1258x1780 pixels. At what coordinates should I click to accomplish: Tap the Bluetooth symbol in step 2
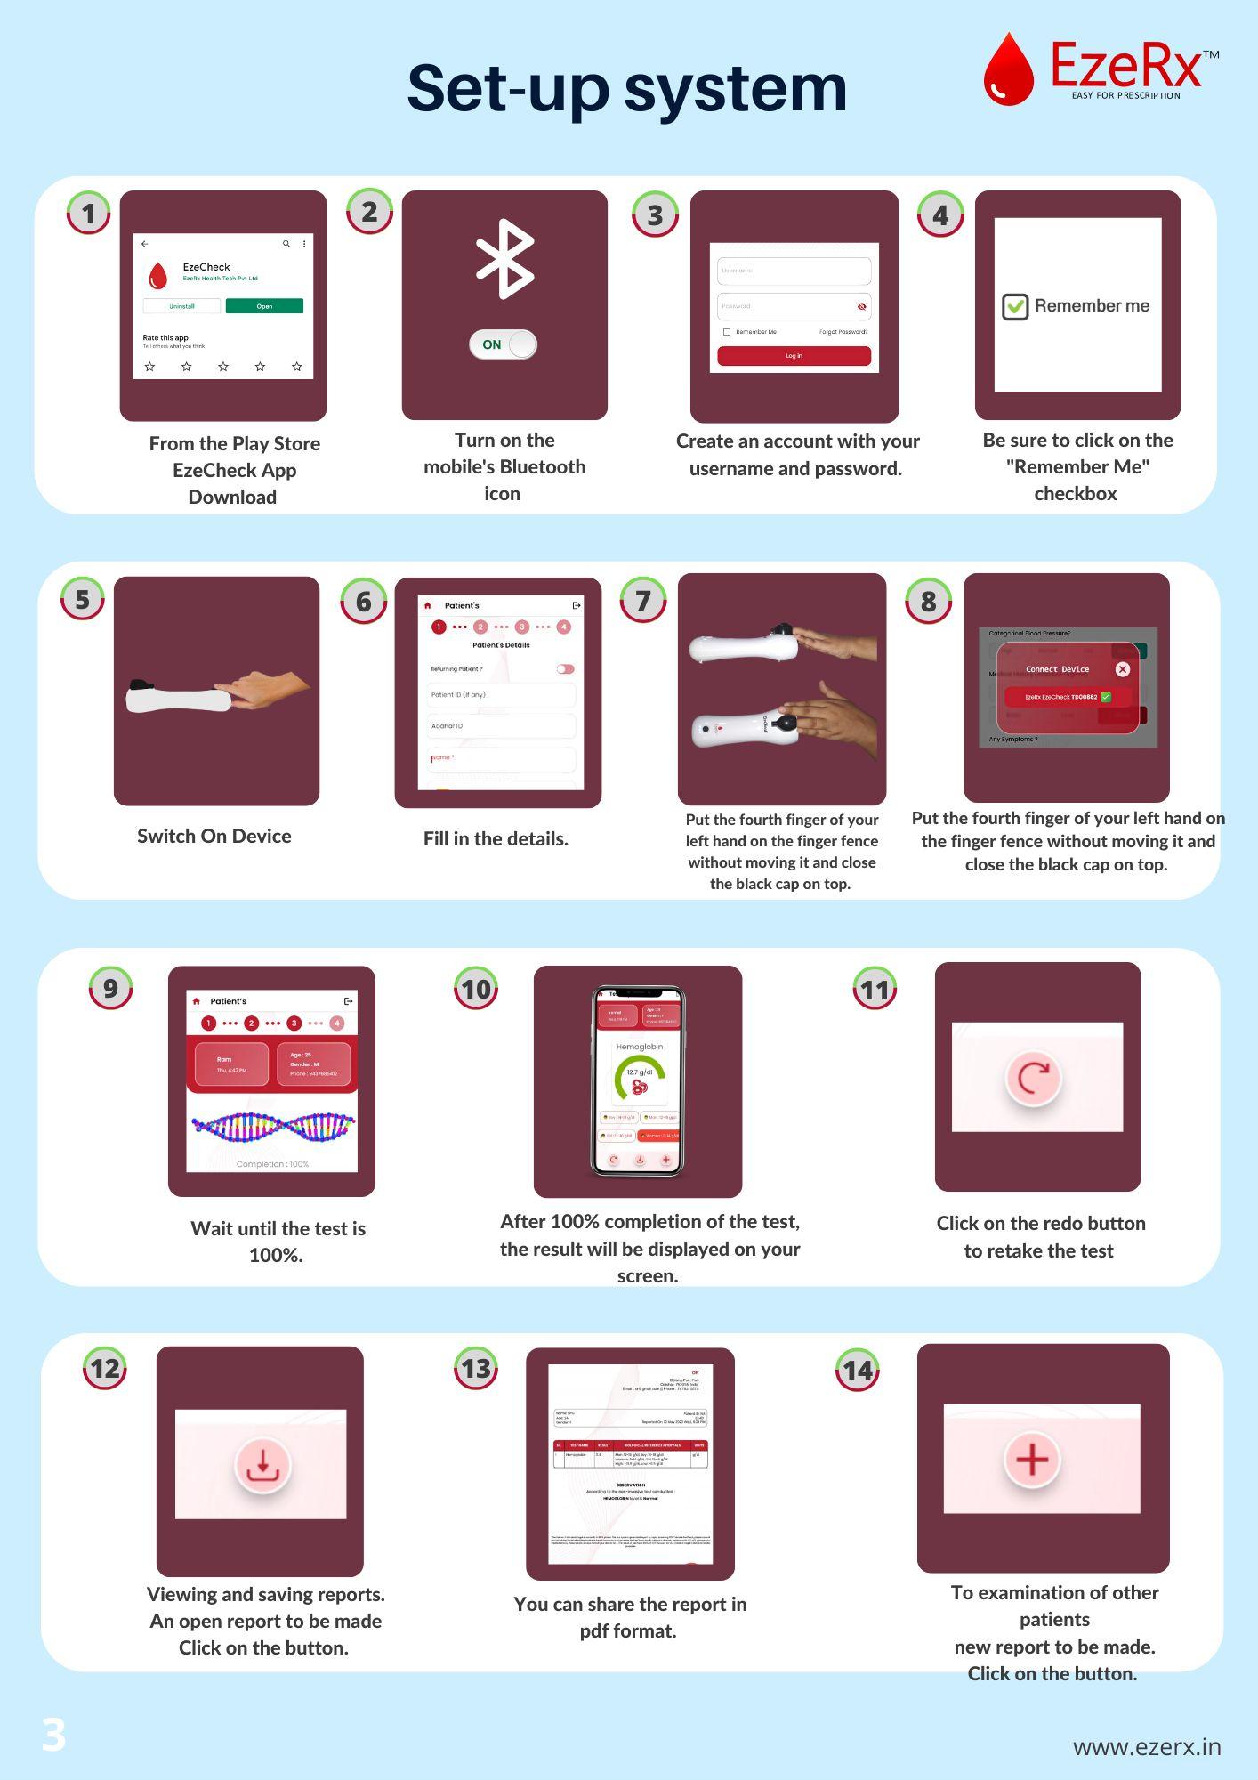pos(504,258)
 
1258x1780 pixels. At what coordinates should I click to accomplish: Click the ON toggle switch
pos(504,344)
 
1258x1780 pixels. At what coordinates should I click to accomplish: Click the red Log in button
pos(794,356)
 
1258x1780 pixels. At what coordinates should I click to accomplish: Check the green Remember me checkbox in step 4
pos(1015,306)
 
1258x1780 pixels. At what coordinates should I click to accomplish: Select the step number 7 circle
pos(643,601)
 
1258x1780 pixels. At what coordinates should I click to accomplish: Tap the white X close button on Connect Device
pos(1122,669)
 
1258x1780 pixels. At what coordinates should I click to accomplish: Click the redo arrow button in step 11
pos(1033,1078)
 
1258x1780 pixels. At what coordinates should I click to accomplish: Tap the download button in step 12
pos(262,1464)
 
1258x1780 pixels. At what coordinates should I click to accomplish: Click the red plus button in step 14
pos(1032,1460)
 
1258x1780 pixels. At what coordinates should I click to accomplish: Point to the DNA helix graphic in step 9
pos(273,1127)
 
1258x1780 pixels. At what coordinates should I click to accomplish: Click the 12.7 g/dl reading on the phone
pos(639,1072)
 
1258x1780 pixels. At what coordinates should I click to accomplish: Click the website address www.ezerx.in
pos(1146,1746)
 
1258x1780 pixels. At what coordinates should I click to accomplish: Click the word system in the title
pos(735,89)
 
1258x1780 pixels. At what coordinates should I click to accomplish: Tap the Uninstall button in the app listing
pos(181,306)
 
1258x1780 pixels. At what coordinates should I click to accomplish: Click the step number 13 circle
pos(476,1368)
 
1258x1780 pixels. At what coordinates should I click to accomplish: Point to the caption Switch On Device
pos(214,837)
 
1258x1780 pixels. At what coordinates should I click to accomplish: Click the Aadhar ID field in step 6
pos(501,726)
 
